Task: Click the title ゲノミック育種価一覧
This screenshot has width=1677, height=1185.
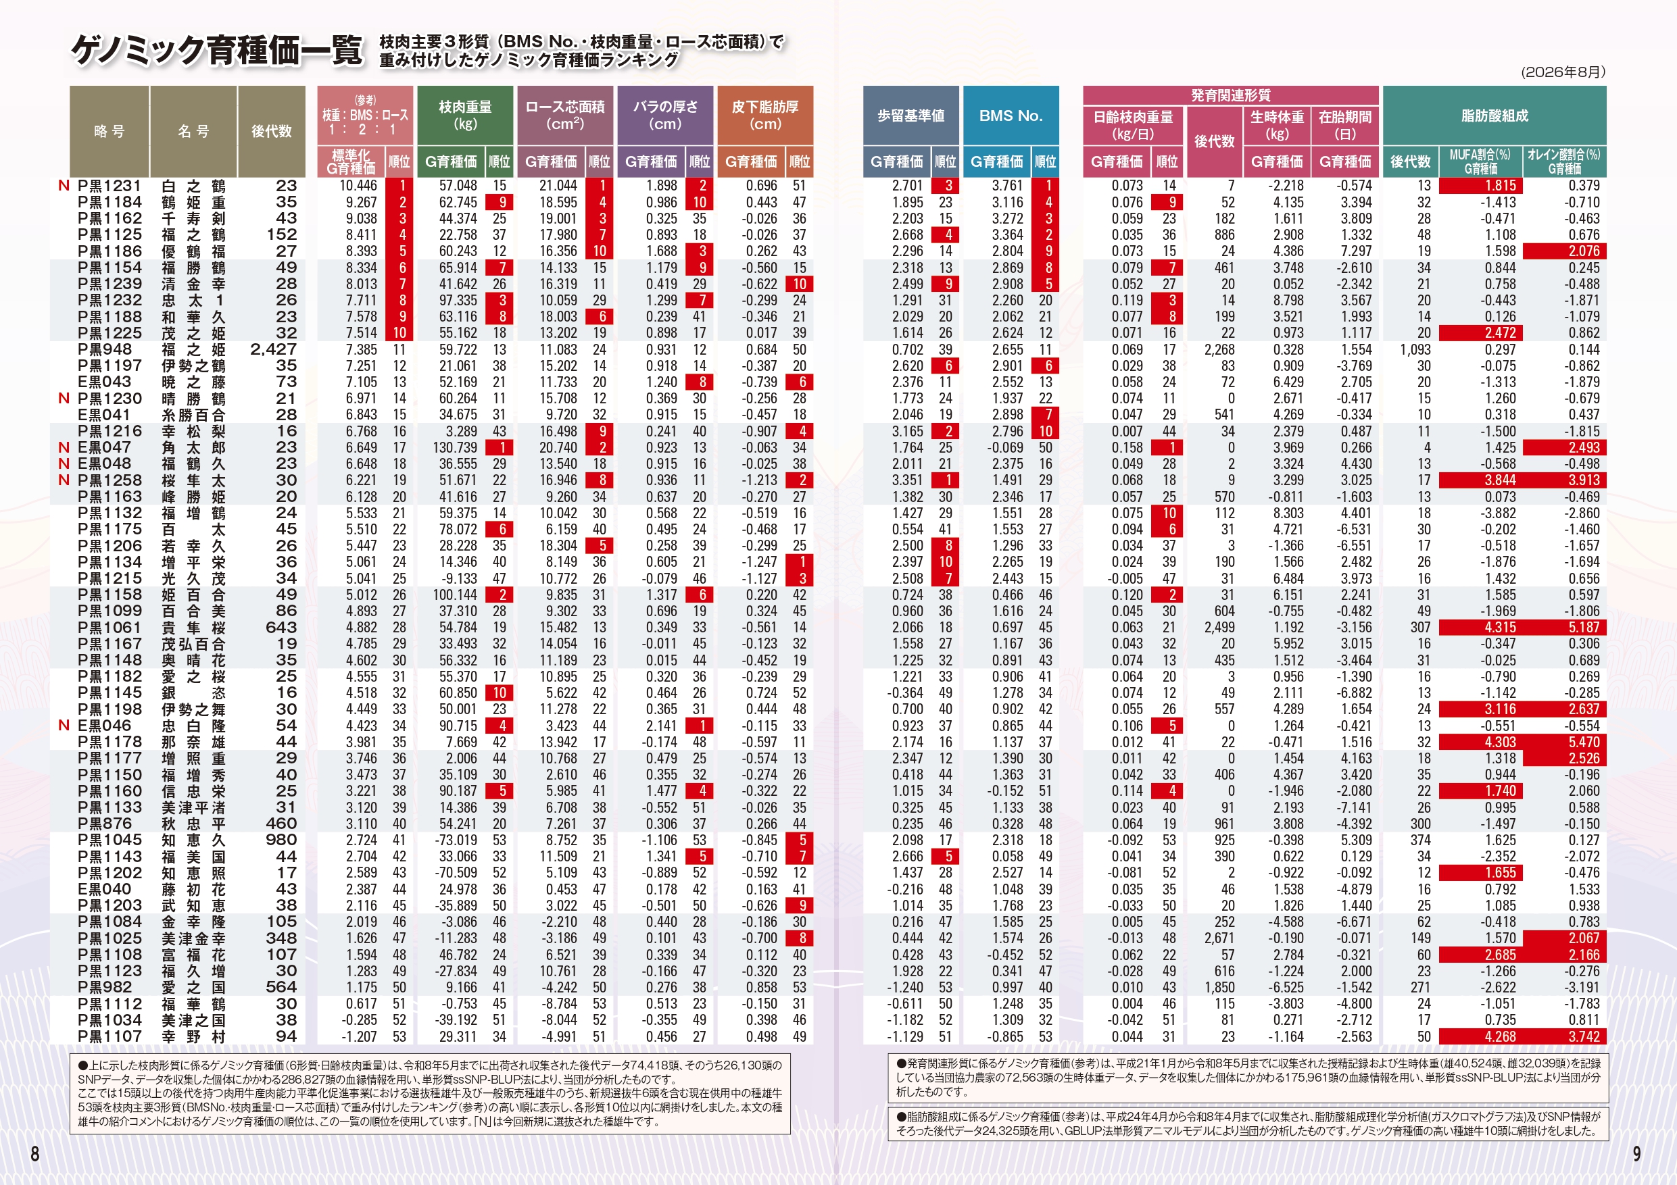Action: coord(217,51)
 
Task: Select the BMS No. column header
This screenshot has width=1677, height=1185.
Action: coord(1011,116)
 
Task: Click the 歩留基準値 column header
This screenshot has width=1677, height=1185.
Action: coord(910,116)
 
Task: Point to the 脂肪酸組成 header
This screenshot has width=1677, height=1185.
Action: coord(1494,116)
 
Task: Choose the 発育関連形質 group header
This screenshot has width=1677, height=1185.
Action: coord(1231,95)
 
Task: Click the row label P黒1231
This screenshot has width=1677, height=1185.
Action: coord(110,186)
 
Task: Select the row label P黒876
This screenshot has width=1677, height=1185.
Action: coord(105,824)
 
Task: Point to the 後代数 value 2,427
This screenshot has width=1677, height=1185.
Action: coord(273,350)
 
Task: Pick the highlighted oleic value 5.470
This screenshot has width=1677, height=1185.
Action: coord(1565,742)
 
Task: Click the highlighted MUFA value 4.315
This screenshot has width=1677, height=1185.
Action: coord(1480,627)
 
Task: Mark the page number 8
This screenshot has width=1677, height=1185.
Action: coord(34,1154)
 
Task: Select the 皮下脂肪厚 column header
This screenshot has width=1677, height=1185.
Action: coord(764,116)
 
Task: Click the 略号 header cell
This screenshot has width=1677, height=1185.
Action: coord(110,132)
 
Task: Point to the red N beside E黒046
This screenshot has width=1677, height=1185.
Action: coord(64,726)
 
